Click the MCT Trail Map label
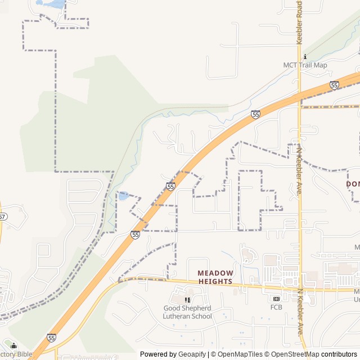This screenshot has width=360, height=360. pyautogui.click(x=304, y=65)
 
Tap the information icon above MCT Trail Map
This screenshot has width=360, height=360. pyautogui.click(x=305, y=57)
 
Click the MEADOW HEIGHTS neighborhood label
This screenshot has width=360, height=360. pyautogui.click(x=215, y=277)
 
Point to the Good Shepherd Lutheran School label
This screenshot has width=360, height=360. pyautogui.click(x=187, y=312)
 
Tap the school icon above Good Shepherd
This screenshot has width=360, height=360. pyautogui.click(x=187, y=300)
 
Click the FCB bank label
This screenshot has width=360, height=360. pyautogui.click(x=276, y=307)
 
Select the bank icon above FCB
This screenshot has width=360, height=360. pyautogui.click(x=276, y=299)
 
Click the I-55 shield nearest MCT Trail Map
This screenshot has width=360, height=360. pyautogui.click(x=334, y=85)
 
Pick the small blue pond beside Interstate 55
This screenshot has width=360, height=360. pyautogui.click(x=123, y=196)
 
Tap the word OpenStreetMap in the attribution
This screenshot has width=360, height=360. pyautogui.click(x=292, y=354)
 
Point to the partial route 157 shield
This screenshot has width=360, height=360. pyautogui.click(x=2, y=217)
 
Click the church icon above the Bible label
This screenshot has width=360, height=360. pyautogui.click(x=13, y=346)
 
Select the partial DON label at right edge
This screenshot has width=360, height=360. pyautogui.click(x=353, y=184)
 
